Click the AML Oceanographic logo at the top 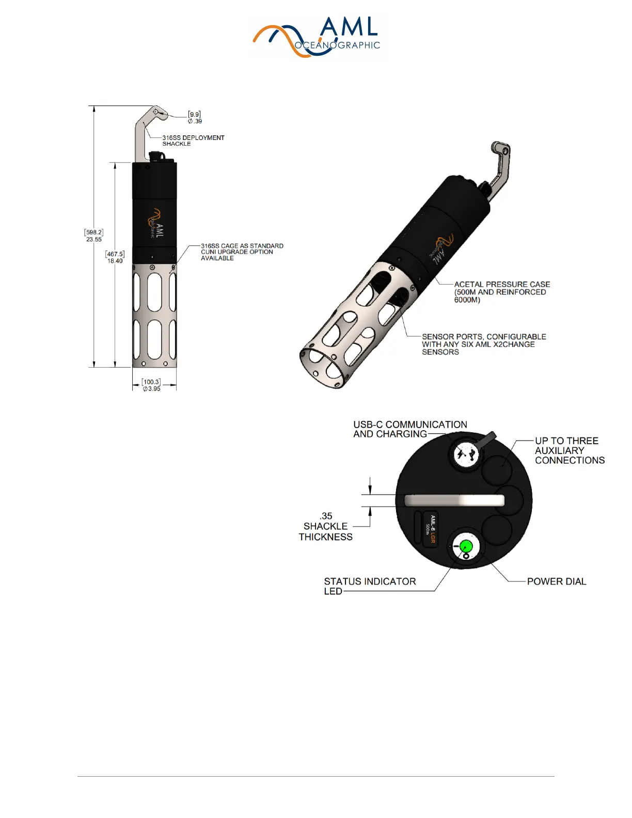[x=317, y=37]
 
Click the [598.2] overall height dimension [x=93, y=236]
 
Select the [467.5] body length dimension [x=115, y=257]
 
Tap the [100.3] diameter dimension [x=151, y=385]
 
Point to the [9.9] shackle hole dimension [x=195, y=117]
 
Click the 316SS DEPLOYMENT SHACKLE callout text [x=193, y=140]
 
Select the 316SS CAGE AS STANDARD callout [x=242, y=252]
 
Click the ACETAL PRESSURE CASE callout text [x=501, y=292]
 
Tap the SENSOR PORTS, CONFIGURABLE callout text [x=483, y=344]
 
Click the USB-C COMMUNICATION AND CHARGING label [x=409, y=429]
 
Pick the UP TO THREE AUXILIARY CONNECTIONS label [x=569, y=450]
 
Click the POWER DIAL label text [x=556, y=581]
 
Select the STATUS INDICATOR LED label [x=369, y=586]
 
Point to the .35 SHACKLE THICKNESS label [x=326, y=526]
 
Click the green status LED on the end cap [x=466, y=546]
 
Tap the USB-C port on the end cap [x=466, y=455]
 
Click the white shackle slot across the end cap [x=454, y=500]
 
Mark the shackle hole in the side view [x=156, y=112]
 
